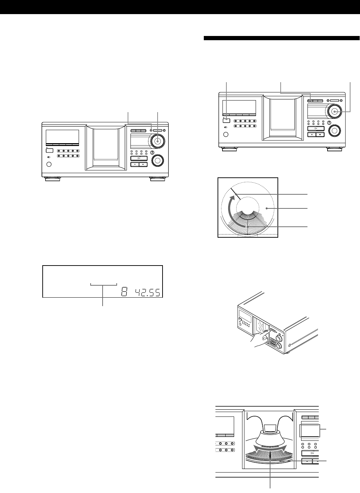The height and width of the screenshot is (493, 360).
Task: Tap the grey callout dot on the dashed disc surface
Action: [267, 208]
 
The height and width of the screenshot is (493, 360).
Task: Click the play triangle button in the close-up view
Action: [310, 454]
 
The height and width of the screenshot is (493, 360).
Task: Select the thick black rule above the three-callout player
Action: [281, 38]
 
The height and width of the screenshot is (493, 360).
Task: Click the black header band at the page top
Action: [180, 7]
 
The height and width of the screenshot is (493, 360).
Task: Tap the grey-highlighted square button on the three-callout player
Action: [226, 120]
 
